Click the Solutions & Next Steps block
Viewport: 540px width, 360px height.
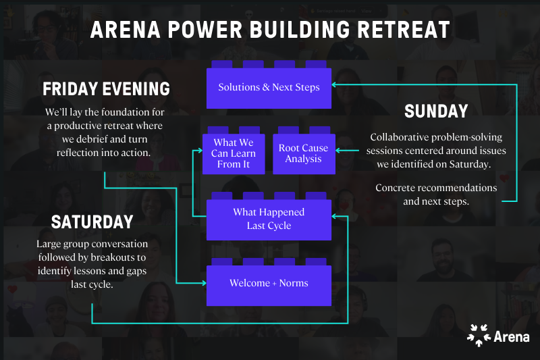(269, 88)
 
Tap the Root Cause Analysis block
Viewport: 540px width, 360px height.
(303, 153)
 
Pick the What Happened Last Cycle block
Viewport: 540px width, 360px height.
(269, 219)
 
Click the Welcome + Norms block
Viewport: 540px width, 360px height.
(269, 284)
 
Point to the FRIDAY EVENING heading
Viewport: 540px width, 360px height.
(106, 89)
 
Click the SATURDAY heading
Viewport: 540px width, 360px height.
(92, 222)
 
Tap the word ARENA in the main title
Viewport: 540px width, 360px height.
(123, 30)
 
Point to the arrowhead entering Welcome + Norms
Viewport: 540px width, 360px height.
(202, 284)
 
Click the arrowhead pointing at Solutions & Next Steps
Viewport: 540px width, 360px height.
(335, 84)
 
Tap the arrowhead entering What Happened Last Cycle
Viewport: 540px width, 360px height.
(335, 216)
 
